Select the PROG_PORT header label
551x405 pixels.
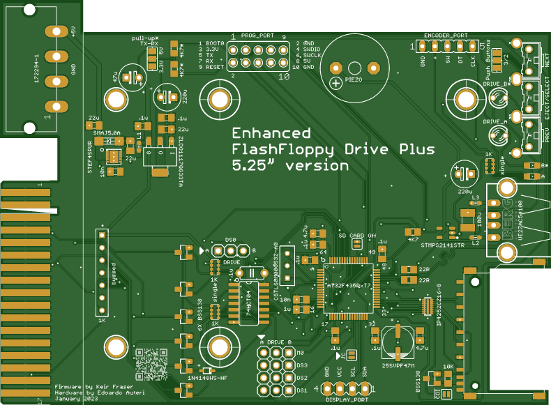click(257, 36)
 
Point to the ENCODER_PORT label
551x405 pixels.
click(446, 35)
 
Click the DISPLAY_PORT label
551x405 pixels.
click(347, 400)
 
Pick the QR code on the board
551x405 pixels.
click(151, 363)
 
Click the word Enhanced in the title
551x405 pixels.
click(271, 133)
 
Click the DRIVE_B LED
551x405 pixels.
click(499, 98)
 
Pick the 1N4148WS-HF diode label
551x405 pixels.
click(207, 379)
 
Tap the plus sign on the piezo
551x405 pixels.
click(337, 83)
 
